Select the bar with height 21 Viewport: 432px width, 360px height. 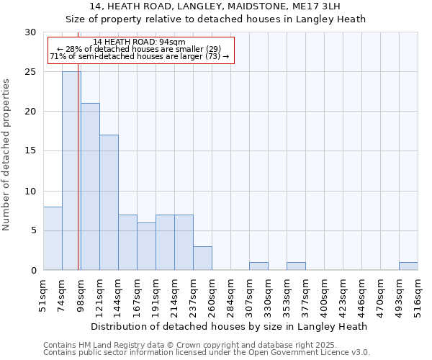pos(90,186)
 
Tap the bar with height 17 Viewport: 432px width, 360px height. pos(109,202)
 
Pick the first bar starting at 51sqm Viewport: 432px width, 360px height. pos(53,238)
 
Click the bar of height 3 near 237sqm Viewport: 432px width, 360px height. pos(202,258)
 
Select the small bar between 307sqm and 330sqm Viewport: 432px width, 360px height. pos(258,266)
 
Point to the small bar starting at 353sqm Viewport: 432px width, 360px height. pos(296,266)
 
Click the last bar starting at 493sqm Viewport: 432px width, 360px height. pos(408,266)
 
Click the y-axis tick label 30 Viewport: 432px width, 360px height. pos(30,32)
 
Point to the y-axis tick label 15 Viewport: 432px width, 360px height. pos(30,151)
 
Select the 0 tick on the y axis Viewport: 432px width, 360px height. pos(32,271)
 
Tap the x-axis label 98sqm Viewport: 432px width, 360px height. pos(81,295)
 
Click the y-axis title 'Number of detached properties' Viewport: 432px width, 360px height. pos(7,155)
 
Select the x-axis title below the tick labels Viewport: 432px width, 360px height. pos(230,326)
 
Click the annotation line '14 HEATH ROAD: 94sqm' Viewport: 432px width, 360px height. pos(140,42)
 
